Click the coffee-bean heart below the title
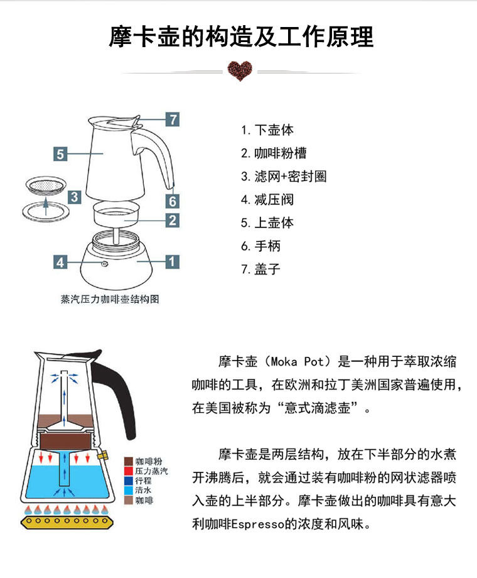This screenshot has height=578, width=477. point(238,72)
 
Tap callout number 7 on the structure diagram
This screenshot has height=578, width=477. point(172,119)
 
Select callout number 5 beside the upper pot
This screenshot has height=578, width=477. point(60,154)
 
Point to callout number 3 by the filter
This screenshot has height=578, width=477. point(74,197)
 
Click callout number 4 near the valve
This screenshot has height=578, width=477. point(60,262)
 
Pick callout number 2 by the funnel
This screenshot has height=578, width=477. point(172,221)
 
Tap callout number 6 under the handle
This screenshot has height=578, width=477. point(172,201)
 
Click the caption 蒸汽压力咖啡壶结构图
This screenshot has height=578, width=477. point(110,299)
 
